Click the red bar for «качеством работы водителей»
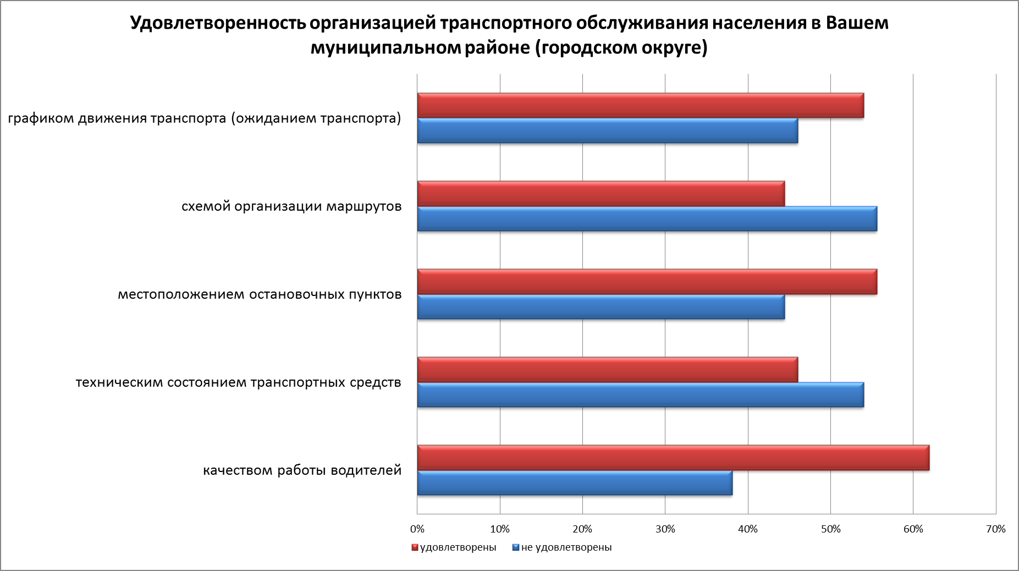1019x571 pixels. pos(673,458)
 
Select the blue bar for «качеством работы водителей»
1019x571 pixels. pos(575,483)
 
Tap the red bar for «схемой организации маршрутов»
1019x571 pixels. pos(601,194)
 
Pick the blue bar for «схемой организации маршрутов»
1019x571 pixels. pos(647,219)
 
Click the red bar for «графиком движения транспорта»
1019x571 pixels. pos(641,106)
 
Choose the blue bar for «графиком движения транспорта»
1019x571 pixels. pos(608,131)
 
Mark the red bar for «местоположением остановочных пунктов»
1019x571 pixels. pos(647,282)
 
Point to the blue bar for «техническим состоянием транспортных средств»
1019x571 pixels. pos(641,395)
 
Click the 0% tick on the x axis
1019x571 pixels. pos(417,529)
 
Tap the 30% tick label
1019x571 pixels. pos(665,529)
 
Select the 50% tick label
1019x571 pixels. pos(830,529)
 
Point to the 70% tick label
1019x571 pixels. pos(996,529)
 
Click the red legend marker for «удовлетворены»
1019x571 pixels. pos(415,548)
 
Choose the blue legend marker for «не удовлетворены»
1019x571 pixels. pos(515,548)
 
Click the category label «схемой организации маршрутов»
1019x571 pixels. pos(291,207)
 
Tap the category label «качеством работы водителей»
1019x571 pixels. pos(302,471)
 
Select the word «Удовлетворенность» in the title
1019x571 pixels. pos(218,24)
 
